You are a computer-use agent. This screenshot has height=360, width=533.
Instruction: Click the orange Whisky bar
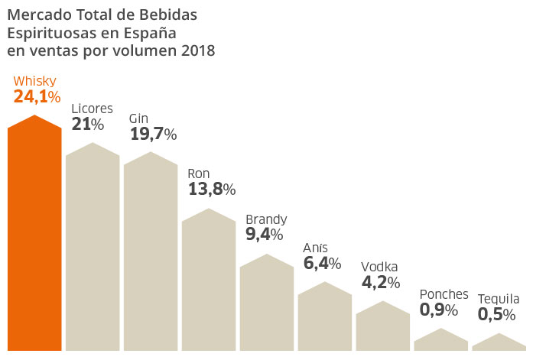pyautogui.click(x=34, y=237)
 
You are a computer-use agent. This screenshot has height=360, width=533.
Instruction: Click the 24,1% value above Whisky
pyautogui.click(x=37, y=97)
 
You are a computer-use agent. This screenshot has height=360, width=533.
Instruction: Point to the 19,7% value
pyautogui.click(x=153, y=135)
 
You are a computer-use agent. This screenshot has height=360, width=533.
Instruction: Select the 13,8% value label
pyautogui.click(x=211, y=190)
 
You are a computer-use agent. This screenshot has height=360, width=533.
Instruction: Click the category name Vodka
pyautogui.click(x=379, y=267)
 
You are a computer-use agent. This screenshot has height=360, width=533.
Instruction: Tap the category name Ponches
pyautogui.click(x=444, y=294)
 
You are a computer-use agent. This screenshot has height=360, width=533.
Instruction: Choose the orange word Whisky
pyautogui.click(x=34, y=81)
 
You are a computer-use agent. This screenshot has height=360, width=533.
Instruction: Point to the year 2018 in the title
pyautogui.click(x=197, y=51)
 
